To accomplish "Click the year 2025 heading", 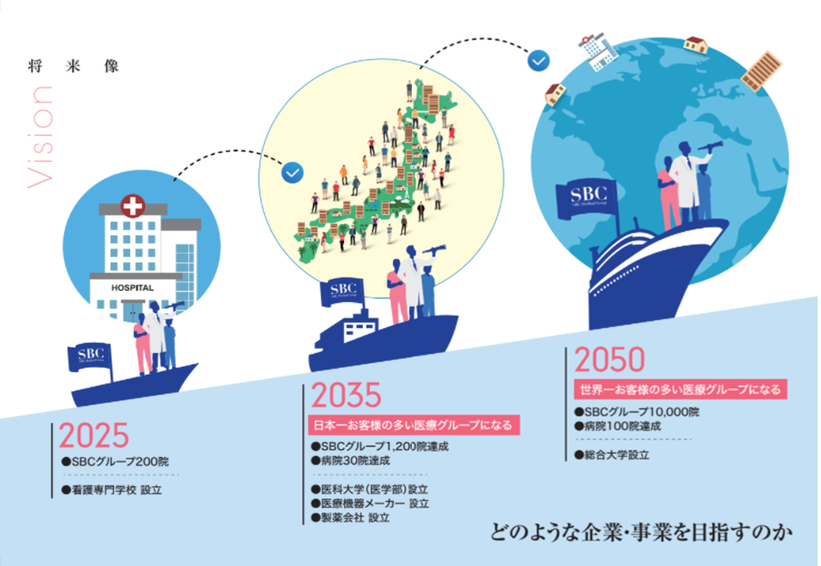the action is [x=94, y=435].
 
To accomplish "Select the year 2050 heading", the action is [x=609, y=360].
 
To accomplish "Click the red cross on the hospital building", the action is [x=133, y=206].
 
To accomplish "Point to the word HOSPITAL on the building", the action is [x=133, y=288].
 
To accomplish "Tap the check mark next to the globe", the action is [x=538, y=61].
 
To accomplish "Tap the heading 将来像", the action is [x=73, y=66].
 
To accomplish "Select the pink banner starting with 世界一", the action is [x=680, y=389].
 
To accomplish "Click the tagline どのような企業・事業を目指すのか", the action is [x=641, y=533].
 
